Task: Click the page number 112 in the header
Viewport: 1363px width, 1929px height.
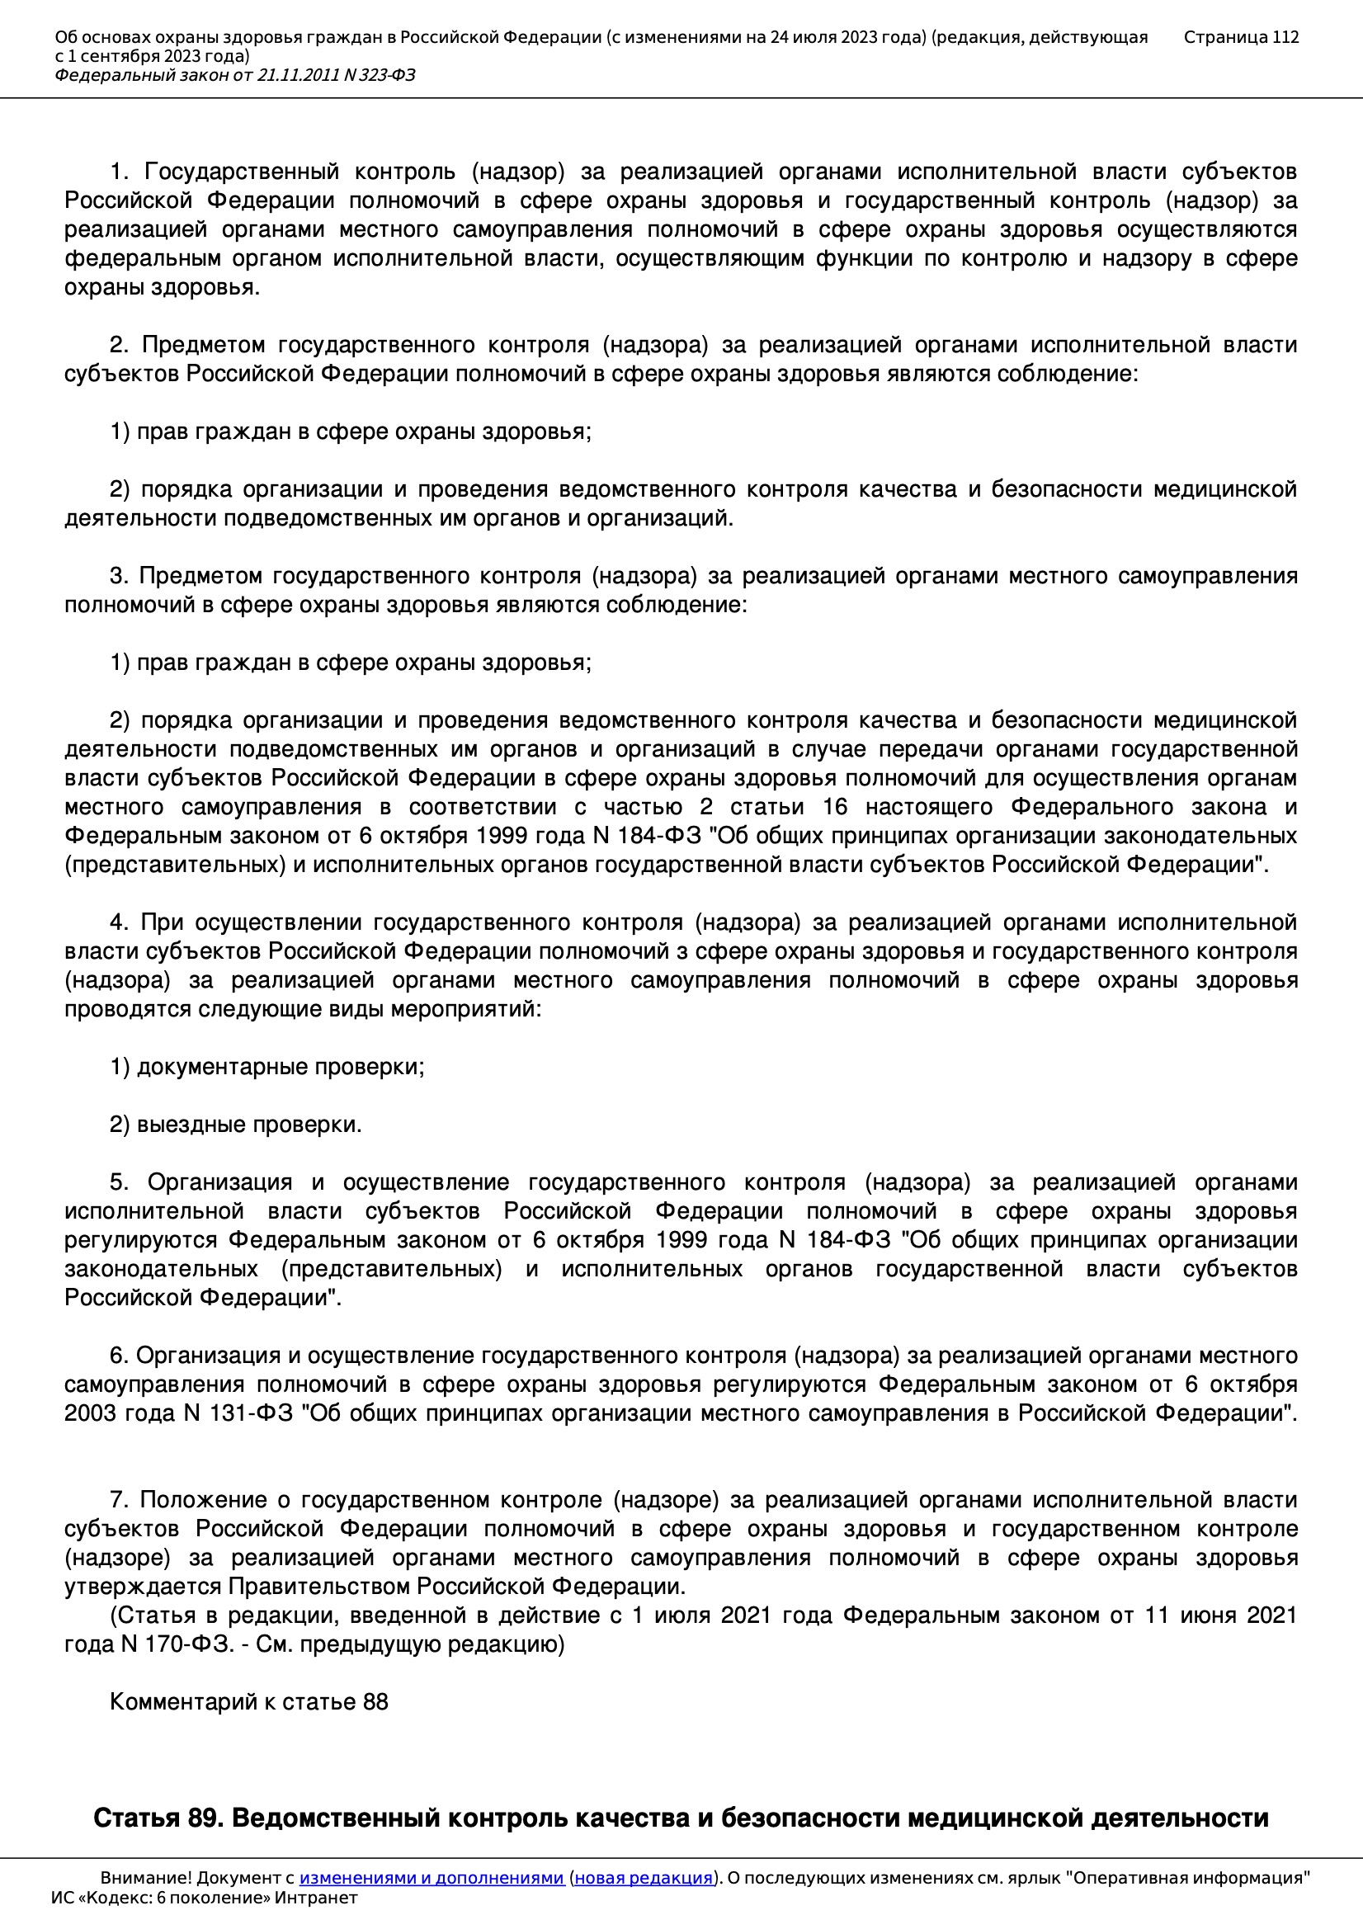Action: pos(1285,37)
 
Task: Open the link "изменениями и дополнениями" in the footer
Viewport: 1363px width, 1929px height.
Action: pos(431,1878)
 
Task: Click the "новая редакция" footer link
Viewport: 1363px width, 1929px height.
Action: pos(643,1878)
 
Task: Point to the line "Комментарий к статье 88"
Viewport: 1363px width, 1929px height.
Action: pos(248,1702)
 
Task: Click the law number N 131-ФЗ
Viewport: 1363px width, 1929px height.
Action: pos(238,1413)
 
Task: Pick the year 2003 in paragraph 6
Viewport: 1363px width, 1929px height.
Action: pos(91,1413)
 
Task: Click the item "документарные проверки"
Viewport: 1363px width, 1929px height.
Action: pos(280,1067)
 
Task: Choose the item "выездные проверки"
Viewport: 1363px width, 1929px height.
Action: pos(248,1124)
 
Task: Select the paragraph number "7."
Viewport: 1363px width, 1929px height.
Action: pos(119,1500)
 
